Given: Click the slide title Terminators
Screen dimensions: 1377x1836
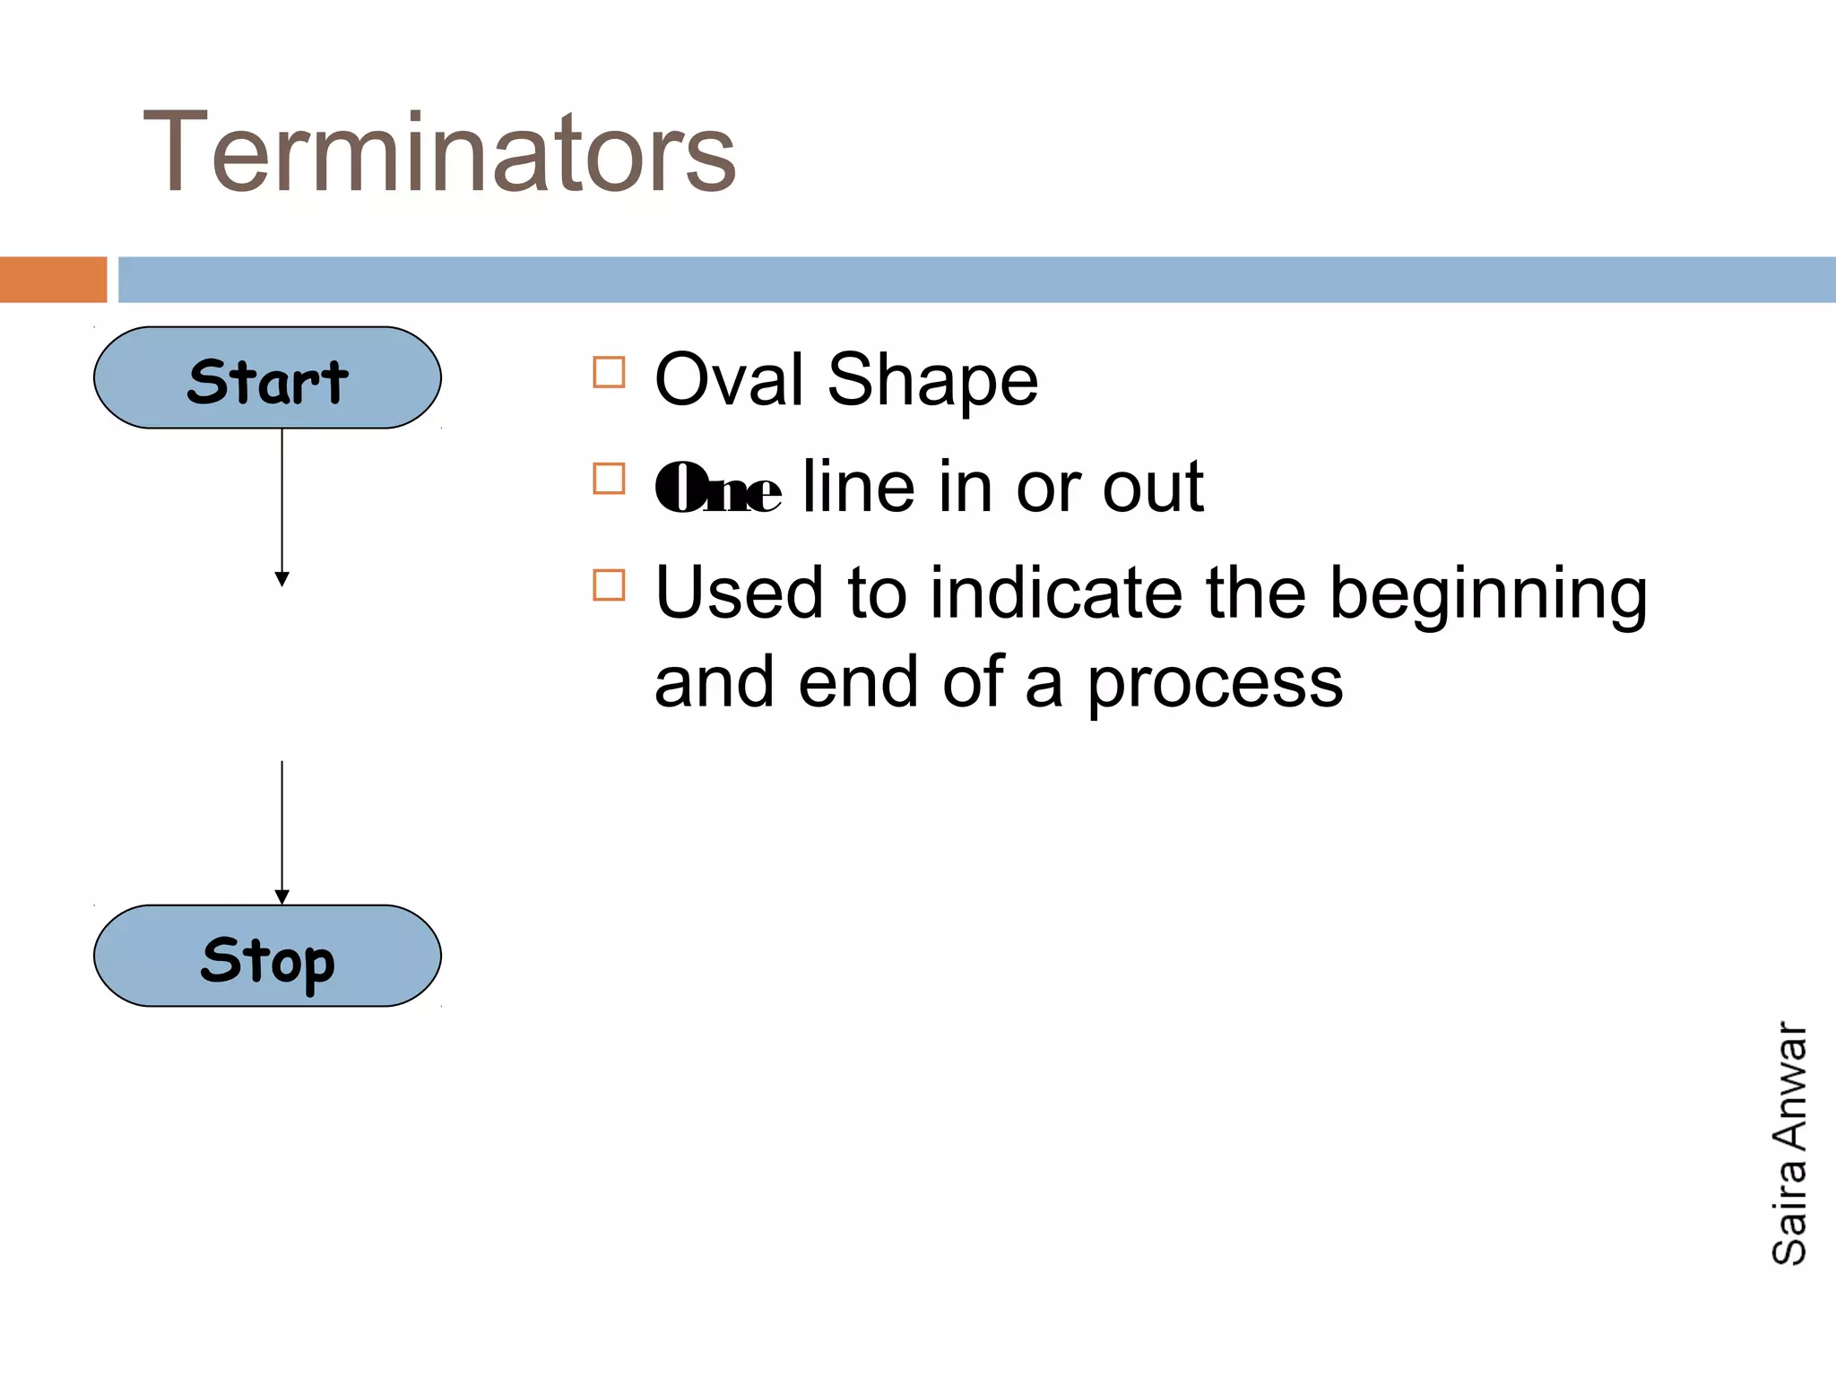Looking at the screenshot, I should pos(439,152).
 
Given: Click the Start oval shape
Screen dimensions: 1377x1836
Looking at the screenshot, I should pos(267,377).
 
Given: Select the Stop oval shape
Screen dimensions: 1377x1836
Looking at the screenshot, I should pos(267,956).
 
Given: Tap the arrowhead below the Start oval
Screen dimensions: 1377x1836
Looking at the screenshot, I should pos(281,579).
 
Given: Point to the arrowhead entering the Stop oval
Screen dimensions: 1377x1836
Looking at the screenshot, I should pos(281,896).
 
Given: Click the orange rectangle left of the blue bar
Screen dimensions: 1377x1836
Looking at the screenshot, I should pos(53,280).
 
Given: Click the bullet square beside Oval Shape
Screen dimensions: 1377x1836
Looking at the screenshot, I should pos(609,372).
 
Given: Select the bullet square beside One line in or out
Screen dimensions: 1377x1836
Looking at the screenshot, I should pos(609,479).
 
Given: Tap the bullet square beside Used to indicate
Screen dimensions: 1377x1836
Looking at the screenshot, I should pos(609,585).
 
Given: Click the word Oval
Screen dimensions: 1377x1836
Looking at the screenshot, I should pos(729,380).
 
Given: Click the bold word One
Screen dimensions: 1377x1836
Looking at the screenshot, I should pos(718,489).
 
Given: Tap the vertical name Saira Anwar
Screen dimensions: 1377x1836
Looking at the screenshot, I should pos(1789,1143).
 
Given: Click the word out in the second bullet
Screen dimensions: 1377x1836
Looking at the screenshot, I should pos(1153,489).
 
